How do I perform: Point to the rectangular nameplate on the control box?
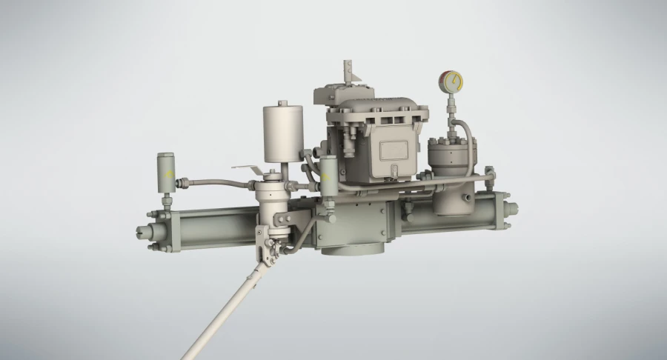[x=391, y=150]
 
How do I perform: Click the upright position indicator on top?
[x=347, y=73]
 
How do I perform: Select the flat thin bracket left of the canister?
[x=248, y=170]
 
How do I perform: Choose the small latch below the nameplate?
[x=390, y=175]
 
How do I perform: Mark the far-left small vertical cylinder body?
[x=165, y=172]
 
